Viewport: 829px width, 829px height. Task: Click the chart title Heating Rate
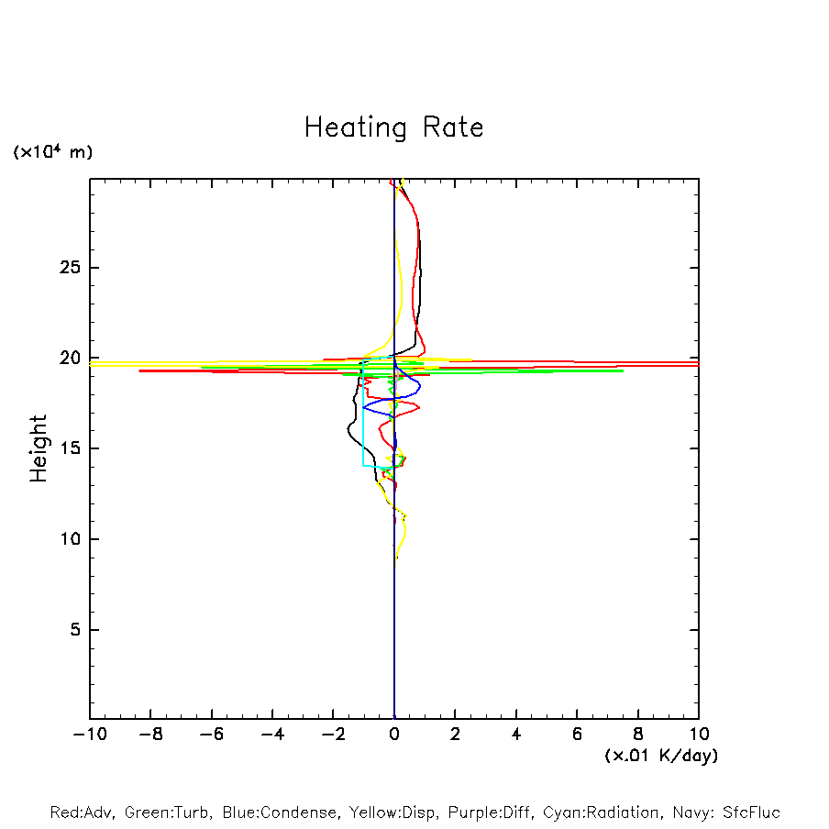pyautogui.click(x=393, y=127)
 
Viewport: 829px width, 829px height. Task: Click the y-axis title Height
pyautogui.click(x=39, y=448)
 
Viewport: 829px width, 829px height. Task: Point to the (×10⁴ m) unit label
pyautogui.click(x=52, y=152)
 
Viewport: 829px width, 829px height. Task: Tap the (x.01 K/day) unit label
pyautogui.click(x=660, y=756)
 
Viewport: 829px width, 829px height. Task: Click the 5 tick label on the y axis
pyautogui.click(x=77, y=630)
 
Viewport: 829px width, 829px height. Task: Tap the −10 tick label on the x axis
pyautogui.click(x=89, y=735)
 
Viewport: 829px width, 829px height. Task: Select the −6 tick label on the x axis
pyautogui.click(x=211, y=735)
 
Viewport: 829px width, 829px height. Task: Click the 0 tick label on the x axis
pyautogui.click(x=394, y=735)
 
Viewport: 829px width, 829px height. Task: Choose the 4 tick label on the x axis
pyautogui.click(x=516, y=735)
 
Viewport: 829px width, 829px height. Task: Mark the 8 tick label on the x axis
pyautogui.click(x=638, y=735)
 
